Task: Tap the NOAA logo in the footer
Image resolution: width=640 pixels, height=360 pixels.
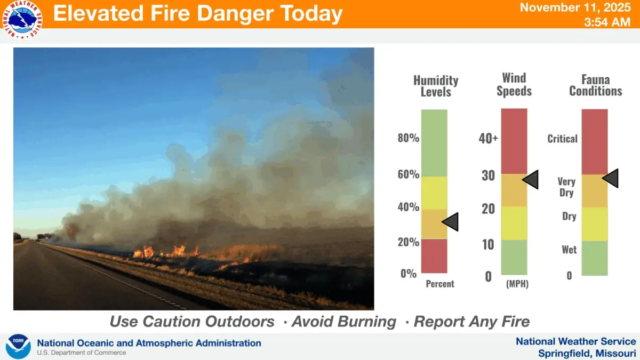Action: (18, 347)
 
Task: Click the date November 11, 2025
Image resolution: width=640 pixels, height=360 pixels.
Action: (578, 8)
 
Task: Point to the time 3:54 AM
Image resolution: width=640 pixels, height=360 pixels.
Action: (607, 22)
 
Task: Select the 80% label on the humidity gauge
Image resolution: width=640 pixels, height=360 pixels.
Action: (409, 139)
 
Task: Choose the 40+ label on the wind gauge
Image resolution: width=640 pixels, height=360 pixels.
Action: (488, 139)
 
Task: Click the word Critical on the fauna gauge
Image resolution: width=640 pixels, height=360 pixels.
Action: (562, 139)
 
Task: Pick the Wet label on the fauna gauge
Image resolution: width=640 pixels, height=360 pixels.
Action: (569, 250)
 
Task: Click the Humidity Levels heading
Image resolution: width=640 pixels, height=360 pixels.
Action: (436, 86)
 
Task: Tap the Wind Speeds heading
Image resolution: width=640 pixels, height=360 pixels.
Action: (514, 85)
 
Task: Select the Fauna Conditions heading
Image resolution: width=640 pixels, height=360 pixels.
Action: (595, 85)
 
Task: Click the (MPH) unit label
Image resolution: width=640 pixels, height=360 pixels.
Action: (517, 284)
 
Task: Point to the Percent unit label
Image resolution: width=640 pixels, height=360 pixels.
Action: (440, 284)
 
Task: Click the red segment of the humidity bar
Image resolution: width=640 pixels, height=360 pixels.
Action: (434, 256)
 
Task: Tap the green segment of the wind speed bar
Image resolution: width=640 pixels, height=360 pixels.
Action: (514, 257)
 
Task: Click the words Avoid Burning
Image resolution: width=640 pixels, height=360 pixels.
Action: (343, 322)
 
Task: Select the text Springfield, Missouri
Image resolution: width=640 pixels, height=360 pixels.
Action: (587, 353)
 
